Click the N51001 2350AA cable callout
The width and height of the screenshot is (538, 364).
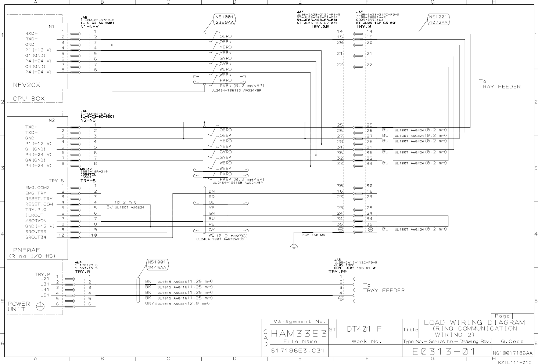[224, 20]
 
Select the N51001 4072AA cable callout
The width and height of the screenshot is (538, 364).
[439, 20]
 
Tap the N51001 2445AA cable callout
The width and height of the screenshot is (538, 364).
[157, 265]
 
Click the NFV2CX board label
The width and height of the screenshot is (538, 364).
[27, 85]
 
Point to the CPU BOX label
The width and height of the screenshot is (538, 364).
[29, 98]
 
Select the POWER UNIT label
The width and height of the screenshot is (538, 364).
[19, 306]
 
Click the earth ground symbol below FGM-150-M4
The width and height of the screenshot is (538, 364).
[294, 246]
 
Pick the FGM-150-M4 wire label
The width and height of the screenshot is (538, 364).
[313, 235]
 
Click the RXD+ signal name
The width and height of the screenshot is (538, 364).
[32, 33]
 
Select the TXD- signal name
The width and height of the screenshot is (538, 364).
[32, 132]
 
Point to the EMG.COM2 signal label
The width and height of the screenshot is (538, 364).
[37, 188]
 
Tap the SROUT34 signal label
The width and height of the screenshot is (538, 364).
[36, 237]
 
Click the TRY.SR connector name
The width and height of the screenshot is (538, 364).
[320, 27]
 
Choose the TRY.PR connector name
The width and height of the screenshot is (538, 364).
[338, 272]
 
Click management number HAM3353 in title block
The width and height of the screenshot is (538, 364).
[299, 334]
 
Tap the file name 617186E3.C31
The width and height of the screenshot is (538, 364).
[298, 350]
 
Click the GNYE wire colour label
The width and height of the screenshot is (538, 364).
[151, 303]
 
